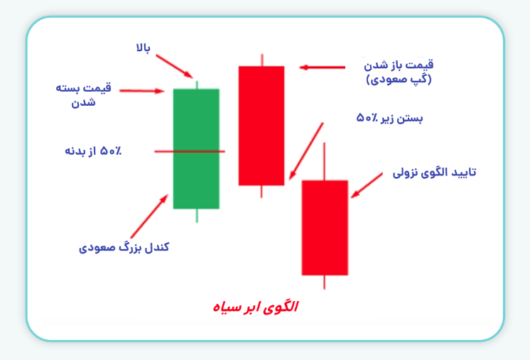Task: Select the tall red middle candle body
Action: tap(261, 125)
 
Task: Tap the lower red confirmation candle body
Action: tap(325, 227)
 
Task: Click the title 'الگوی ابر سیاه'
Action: tap(256, 307)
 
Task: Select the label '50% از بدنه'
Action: tap(93, 151)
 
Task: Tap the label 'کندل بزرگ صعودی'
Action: tap(124, 248)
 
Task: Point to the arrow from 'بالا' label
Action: tap(174, 65)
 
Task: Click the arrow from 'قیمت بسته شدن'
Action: tap(142, 91)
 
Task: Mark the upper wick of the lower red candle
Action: tap(325, 161)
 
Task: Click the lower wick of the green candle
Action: tap(196, 215)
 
